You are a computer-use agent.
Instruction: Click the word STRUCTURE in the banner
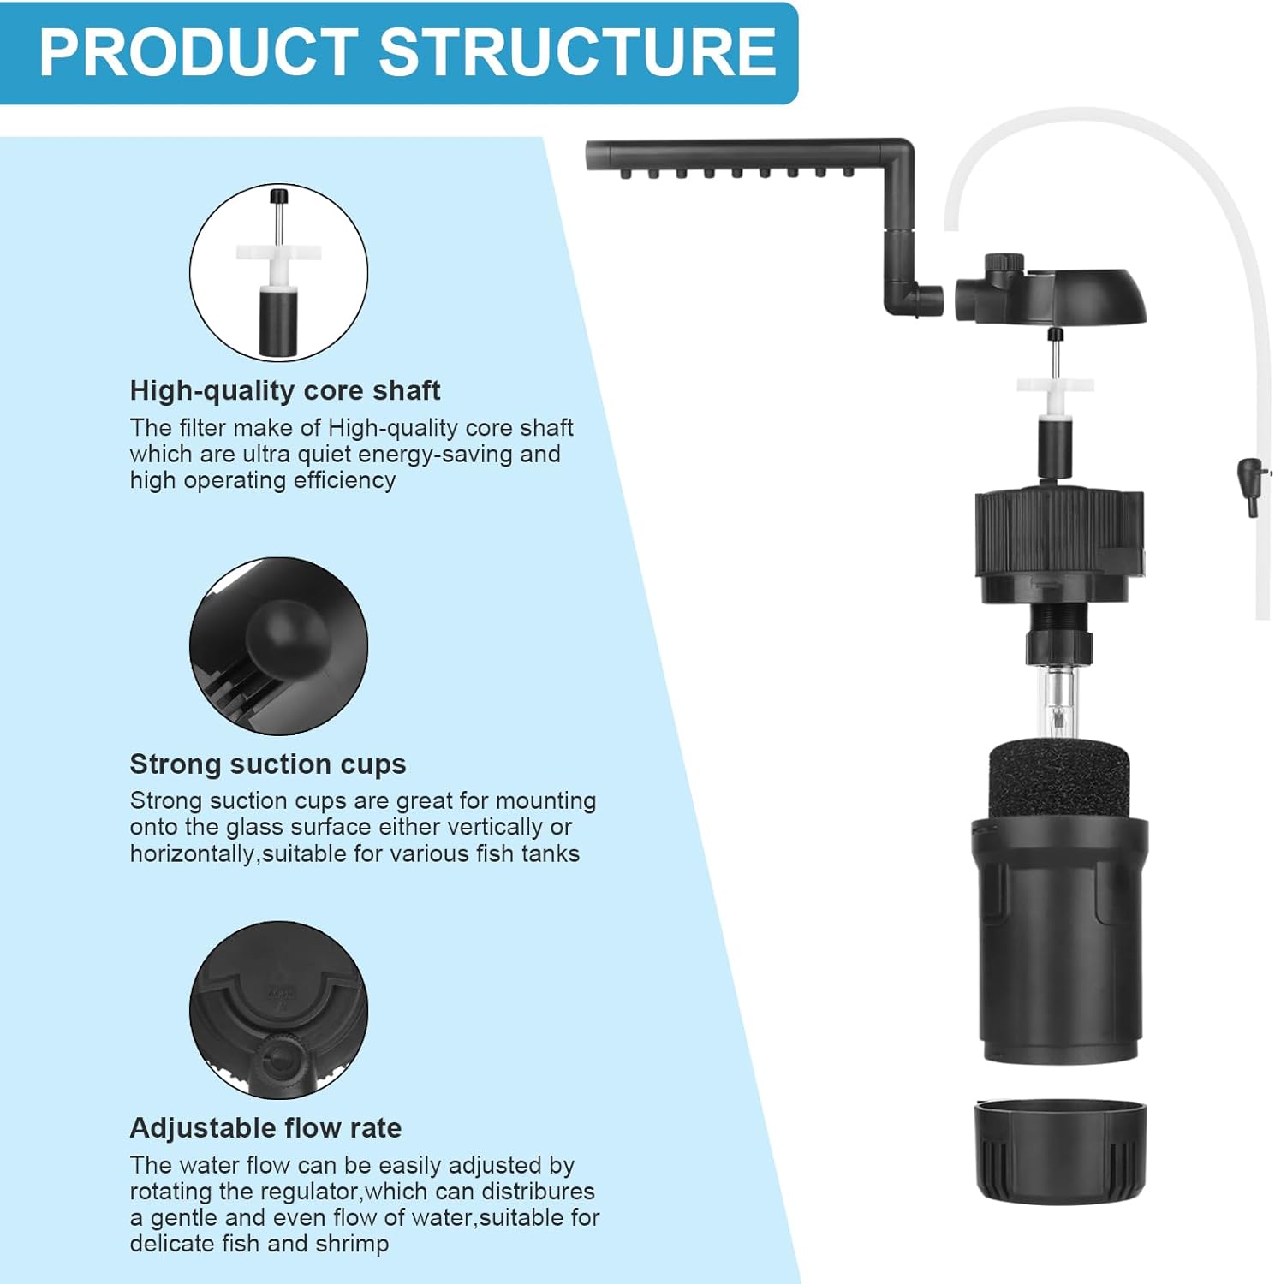(578, 52)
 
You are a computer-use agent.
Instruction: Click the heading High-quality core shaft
(284, 391)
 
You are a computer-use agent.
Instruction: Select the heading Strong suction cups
(268, 764)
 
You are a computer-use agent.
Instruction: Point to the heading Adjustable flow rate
(265, 1128)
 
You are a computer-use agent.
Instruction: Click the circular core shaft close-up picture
(278, 272)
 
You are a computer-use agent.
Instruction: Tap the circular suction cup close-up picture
(278, 645)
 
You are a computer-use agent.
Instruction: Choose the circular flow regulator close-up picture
(278, 1010)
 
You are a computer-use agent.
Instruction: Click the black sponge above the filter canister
(1059, 781)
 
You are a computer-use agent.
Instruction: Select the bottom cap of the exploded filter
(1061, 1152)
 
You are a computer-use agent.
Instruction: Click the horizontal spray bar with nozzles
(736, 157)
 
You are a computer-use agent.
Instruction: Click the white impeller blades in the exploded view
(1055, 385)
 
